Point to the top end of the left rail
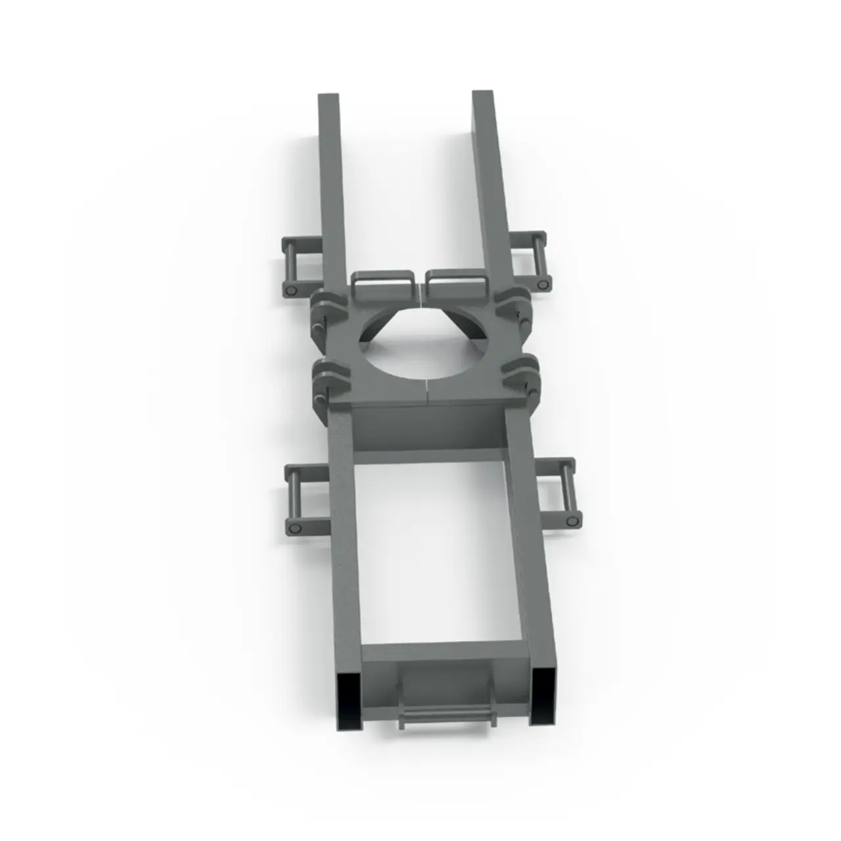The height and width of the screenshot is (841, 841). click(329, 99)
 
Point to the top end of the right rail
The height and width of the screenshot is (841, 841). click(483, 95)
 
